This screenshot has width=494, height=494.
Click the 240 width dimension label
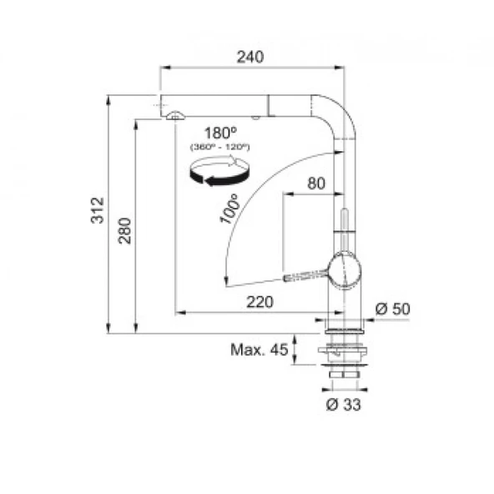[x=250, y=57]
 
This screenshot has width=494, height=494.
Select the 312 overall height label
[x=98, y=210]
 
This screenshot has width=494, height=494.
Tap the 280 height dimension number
[x=124, y=230]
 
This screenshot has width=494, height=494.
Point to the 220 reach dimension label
[x=260, y=302]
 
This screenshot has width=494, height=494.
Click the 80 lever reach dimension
[x=316, y=183]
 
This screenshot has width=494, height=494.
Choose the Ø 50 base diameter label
[x=393, y=309]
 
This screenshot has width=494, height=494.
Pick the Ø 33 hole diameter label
[x=344, y=404]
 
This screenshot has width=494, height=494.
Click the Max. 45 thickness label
[x=260, y=350]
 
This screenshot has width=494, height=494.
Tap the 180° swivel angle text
[x=220, y=133]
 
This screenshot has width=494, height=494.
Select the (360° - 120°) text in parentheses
[x=220, y=147]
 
